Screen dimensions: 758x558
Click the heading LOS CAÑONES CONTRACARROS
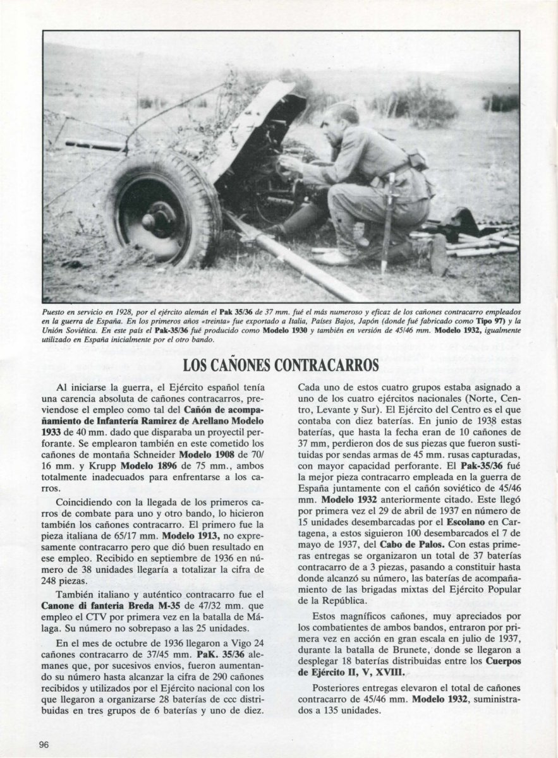[x=281, y=365]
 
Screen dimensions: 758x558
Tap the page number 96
[x=44, y=744]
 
